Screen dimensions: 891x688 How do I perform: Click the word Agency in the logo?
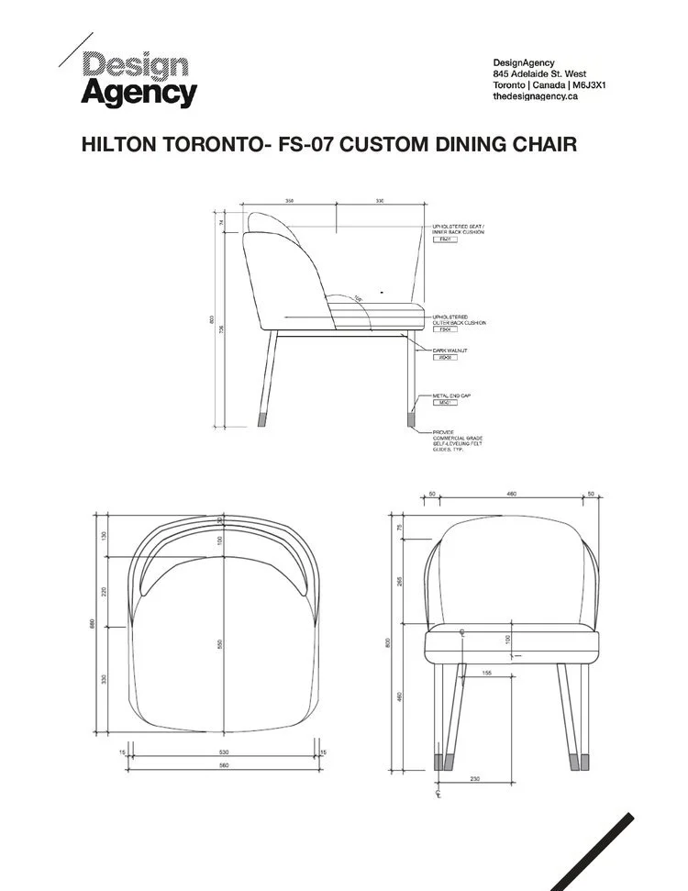(x=139, y=94)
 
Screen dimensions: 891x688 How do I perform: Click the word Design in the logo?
(x=136, y=64)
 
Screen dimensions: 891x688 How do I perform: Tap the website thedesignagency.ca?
(x=535, y=96)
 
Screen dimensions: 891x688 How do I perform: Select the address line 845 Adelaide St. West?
(x=539, y=73)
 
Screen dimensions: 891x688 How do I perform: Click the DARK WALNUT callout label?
(x=450, y=350)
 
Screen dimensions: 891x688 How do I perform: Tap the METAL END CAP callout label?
(x=452, y=395)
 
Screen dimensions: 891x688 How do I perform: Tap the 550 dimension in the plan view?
(x=220, y=644)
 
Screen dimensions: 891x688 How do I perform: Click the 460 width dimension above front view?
(x=511, y=495)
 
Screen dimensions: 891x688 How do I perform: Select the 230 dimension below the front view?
(x=474, y=779)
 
